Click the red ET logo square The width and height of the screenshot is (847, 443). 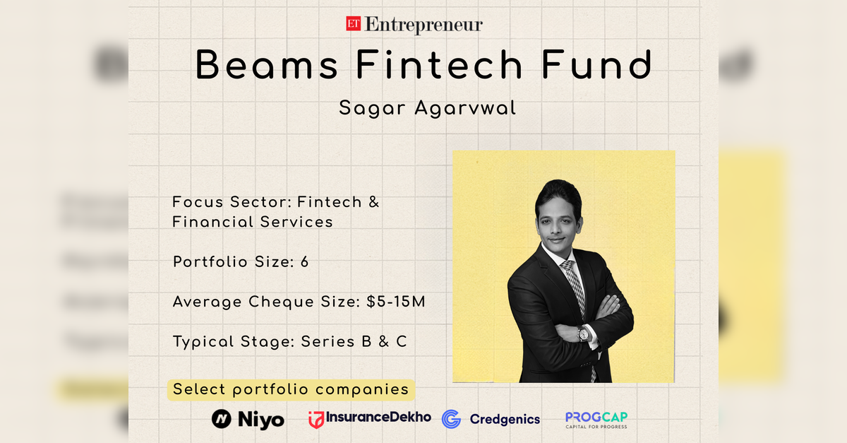353,25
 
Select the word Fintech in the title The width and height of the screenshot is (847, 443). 439,65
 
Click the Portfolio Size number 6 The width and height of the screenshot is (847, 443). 304,262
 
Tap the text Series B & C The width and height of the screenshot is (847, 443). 354,342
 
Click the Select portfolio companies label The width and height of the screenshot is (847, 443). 291,389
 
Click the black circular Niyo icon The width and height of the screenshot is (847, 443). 222,419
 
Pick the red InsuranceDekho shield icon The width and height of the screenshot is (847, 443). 316,420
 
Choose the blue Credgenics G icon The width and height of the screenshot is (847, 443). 451,419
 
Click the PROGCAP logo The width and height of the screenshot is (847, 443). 596,420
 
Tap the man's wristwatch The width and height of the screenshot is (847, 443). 583,334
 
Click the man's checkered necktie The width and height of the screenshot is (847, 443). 575,286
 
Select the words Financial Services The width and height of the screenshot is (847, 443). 252,222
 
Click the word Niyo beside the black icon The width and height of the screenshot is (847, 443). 262,420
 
